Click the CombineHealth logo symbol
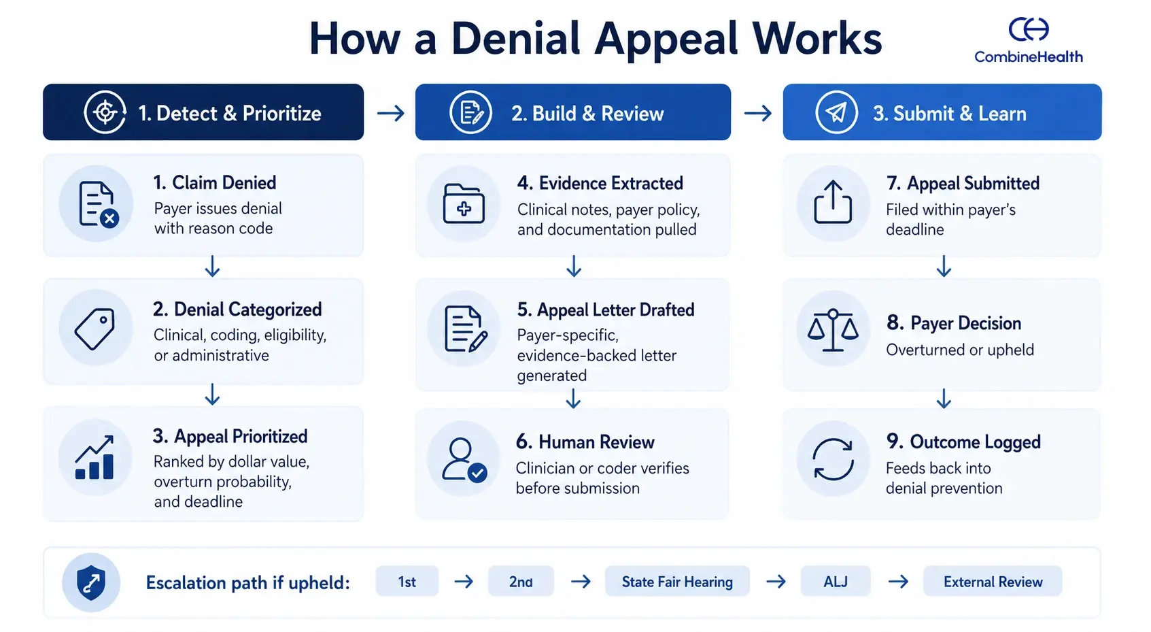pos(1028,29)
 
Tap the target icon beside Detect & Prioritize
pos(105,112)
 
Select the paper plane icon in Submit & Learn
pos(836,112)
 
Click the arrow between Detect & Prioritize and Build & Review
pos(390,113)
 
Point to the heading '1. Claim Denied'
pos(215,182)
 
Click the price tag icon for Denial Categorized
pos(95,329)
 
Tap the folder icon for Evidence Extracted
pos(464,203)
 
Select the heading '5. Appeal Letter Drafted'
pos(605,310)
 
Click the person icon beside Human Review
pos(464,459)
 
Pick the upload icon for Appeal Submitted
pos(833,202)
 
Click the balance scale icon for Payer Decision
pos(833,330)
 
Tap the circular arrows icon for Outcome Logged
pos(833,459)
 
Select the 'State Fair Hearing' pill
pos(677,582)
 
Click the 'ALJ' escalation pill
pos(836,582)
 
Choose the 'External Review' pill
pos(993,582)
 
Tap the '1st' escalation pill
pos(407,582)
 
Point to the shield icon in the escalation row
pos(91,582)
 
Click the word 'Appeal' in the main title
pos(668,39)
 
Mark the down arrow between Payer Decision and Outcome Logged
pos(944,399)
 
